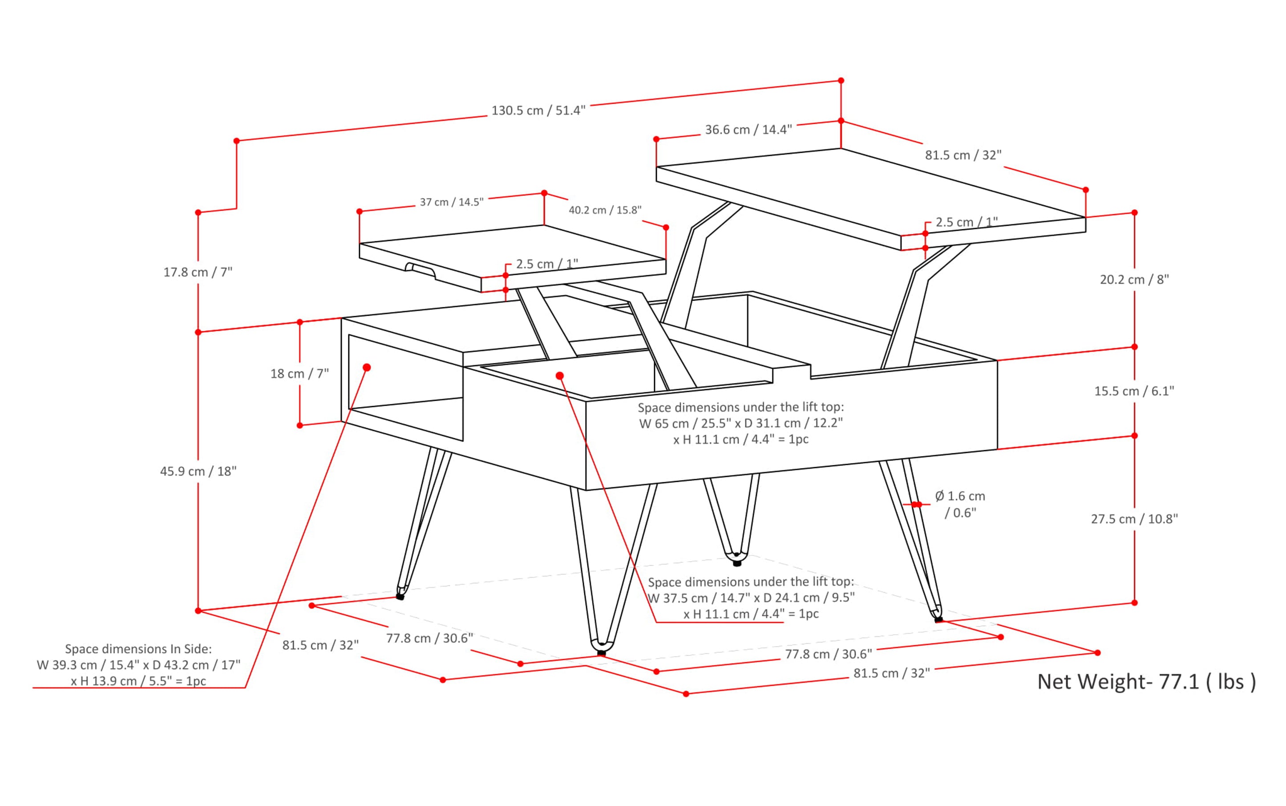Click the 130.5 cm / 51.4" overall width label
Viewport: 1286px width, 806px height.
538,110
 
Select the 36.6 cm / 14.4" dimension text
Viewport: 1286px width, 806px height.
748,130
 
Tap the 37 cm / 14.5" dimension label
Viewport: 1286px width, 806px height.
451,202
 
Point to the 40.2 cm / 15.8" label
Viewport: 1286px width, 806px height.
605,210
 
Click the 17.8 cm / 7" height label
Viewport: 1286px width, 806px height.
198,273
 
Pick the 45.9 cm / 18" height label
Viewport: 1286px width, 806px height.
198,471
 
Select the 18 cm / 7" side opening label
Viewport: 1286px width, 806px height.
299,374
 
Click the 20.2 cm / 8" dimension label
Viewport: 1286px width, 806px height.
1134,279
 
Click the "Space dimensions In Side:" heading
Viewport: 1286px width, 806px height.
138,649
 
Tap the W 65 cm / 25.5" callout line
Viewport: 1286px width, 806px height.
740,423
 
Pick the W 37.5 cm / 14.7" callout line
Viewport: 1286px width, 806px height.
751,598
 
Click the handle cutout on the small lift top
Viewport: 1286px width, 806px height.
421,270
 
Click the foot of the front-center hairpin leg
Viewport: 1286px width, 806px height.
602,651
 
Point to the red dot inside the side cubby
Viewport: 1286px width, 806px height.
367,367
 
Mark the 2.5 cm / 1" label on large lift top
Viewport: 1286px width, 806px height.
967,222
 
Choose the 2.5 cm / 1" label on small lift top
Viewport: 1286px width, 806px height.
546,264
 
